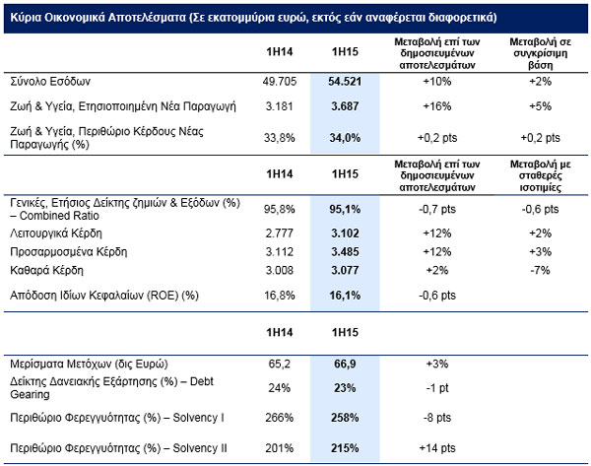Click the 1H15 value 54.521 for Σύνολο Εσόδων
[x=345, y=82]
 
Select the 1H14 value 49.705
[x=280, y=82]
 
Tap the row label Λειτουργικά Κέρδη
[x=56, y=233]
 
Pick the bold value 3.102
[x=345, y=233]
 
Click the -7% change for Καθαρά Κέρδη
[x=540, y=270]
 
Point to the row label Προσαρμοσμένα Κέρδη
[x=68, y=252]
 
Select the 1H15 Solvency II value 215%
[x=345, y=448]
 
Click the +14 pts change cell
[x=437, y=448]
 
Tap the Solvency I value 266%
[x=280, y=418]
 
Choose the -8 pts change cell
[x=437, y=418]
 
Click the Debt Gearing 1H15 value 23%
[x=345, y=388]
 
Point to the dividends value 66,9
[x=345, y=364]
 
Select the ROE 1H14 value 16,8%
[x=280, y=296]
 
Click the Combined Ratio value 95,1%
[x=345, y=209]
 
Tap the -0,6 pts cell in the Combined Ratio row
[x=540, y=209]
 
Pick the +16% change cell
[x=437, y=106]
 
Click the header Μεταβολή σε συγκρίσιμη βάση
[x=540, y=53]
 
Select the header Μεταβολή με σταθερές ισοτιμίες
[x=540, y=175]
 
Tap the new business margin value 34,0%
[x=345, y=138]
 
